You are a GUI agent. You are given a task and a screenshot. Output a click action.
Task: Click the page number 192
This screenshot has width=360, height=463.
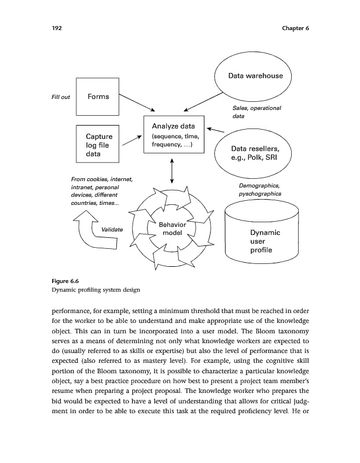click(x=56, y=28)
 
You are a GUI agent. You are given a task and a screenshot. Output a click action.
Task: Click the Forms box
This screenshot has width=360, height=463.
click(x=98, y=97)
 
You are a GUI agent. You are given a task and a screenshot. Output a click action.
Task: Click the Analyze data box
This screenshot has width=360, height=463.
click(x=174, y=134)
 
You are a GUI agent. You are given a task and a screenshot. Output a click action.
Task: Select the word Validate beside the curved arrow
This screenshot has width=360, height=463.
click(x=112, y=230)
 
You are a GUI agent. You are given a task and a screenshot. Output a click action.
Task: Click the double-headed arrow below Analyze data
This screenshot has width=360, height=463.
click(x=172, y=170)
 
